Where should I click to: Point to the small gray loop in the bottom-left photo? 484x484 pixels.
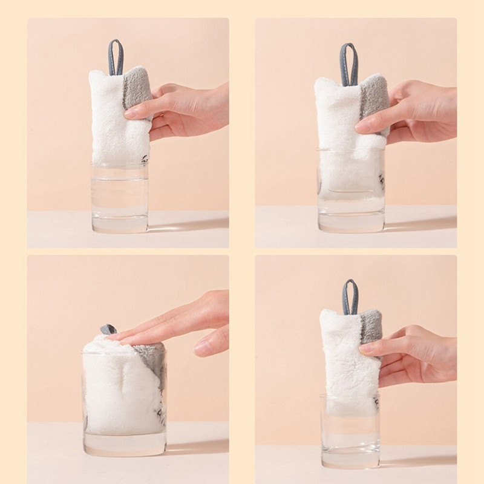[x=108, y=329]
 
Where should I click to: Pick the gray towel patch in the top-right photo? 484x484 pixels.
[x=374, y=97]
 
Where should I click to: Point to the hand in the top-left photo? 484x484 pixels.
[x=188, y=109]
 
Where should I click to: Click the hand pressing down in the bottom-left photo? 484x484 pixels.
[x=181, y=324]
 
